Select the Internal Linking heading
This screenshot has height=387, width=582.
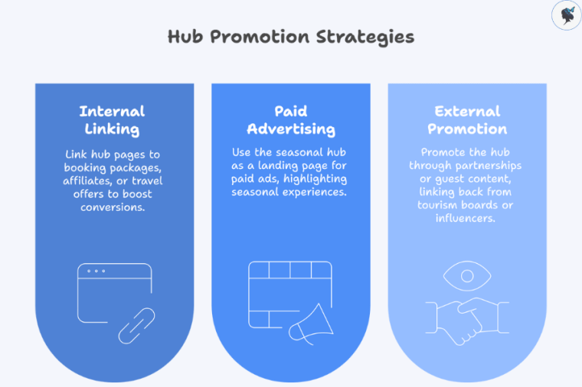point(112,120)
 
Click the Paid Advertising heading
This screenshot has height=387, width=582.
point(291,120)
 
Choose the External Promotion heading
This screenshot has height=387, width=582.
point(467,120)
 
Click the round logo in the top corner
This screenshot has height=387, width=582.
point(566,15)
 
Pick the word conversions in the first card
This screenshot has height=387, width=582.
point(113,207)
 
